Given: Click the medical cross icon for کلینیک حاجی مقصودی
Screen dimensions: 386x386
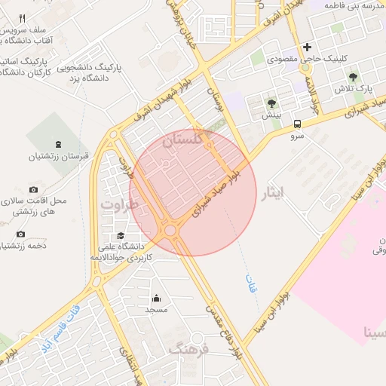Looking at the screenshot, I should [307, 47].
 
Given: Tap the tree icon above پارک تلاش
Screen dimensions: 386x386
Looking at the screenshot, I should [352, 76].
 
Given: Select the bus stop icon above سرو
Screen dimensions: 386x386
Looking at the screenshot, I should [297, 124].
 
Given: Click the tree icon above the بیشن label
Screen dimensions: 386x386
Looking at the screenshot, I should [271, 103].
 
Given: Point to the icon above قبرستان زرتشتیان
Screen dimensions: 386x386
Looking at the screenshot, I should [59, 144].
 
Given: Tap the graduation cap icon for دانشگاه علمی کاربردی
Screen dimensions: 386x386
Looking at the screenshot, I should [120, 236].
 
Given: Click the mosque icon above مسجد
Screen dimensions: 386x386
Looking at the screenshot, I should [156, 298].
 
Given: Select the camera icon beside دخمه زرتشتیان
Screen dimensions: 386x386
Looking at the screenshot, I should [20, 234].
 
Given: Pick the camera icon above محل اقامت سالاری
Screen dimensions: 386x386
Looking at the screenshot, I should [33, 189].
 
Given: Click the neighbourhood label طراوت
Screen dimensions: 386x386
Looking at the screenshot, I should [121, 205].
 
